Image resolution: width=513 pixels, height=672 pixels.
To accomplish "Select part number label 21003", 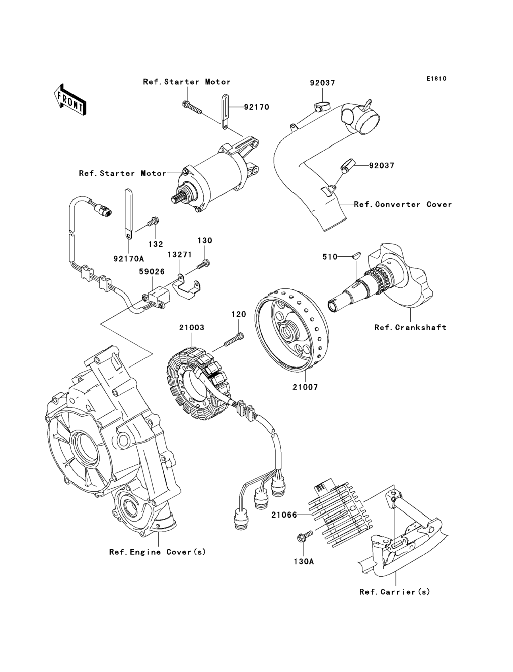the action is coord(192,327).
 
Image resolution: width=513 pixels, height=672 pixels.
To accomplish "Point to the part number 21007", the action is coord(305,387).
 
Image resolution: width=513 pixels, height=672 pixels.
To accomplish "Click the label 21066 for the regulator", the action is coord(284,515).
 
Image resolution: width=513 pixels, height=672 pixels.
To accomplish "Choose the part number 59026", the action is coord(152,271).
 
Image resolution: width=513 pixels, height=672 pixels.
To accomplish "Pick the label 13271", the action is coord(179,254).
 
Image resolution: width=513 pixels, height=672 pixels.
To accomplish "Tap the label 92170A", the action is coord(129,259).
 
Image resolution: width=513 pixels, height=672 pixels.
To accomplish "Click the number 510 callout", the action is coord(330,257).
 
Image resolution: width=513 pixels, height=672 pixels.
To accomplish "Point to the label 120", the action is coord(239,314).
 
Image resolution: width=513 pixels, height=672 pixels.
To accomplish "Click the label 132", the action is coord(156,244).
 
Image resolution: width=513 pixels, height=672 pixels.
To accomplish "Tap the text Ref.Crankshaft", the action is coord(410,327).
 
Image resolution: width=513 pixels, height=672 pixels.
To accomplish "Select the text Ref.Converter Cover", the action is coord(403,204).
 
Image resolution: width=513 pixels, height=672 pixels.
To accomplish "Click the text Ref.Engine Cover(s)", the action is coord(158,552).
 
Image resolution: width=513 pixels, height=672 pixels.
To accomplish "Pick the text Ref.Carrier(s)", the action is coord(394,592).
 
